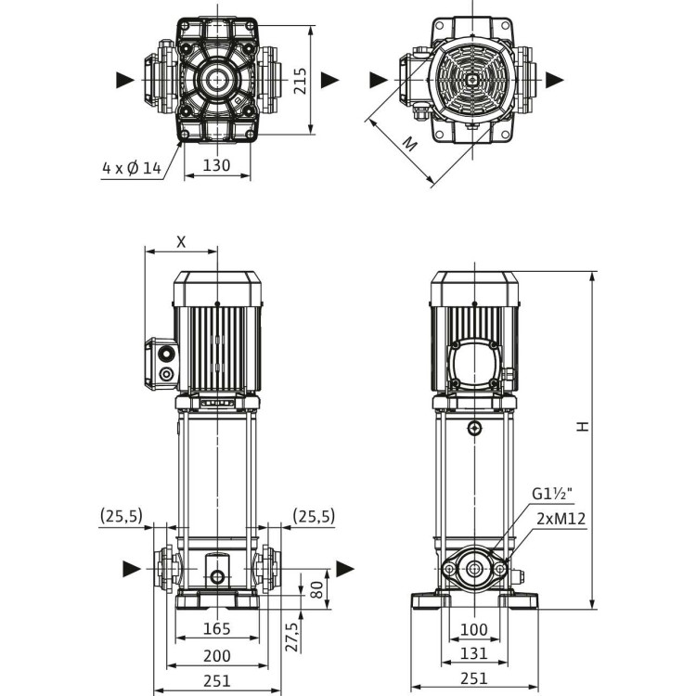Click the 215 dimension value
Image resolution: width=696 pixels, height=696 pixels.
click(299, 84)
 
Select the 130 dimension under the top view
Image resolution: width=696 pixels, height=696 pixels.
click(216, 165)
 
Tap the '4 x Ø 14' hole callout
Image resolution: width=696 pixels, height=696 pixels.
click(132, 168)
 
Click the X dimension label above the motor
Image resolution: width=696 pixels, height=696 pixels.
click(181, 241)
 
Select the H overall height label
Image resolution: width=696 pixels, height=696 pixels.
click(581, 427)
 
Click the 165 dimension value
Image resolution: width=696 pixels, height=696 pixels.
click(217, 630)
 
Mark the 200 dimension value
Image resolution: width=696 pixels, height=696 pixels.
click(217, 656)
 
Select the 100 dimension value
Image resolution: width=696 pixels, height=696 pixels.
click(474, 630)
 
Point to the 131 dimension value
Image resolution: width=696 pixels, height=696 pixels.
click(474, 654)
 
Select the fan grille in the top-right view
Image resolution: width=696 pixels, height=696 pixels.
click(472, 80)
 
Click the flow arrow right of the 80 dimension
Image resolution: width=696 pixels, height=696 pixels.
click(345, 568)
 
